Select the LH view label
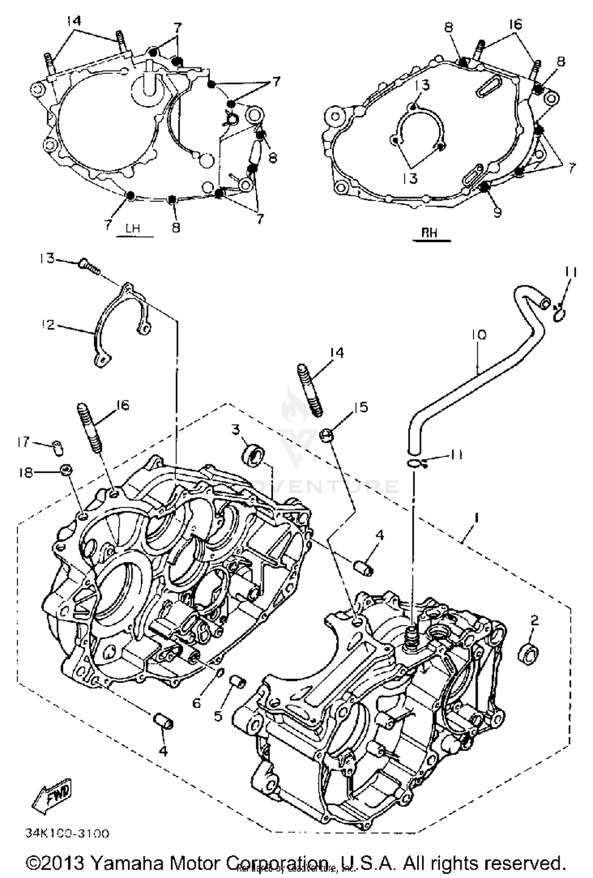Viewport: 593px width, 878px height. pos(133,229)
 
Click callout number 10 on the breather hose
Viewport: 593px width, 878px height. pos(479,335)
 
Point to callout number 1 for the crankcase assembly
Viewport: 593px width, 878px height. pos(478,517)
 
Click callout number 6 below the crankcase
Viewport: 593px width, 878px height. pos(197,703)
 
